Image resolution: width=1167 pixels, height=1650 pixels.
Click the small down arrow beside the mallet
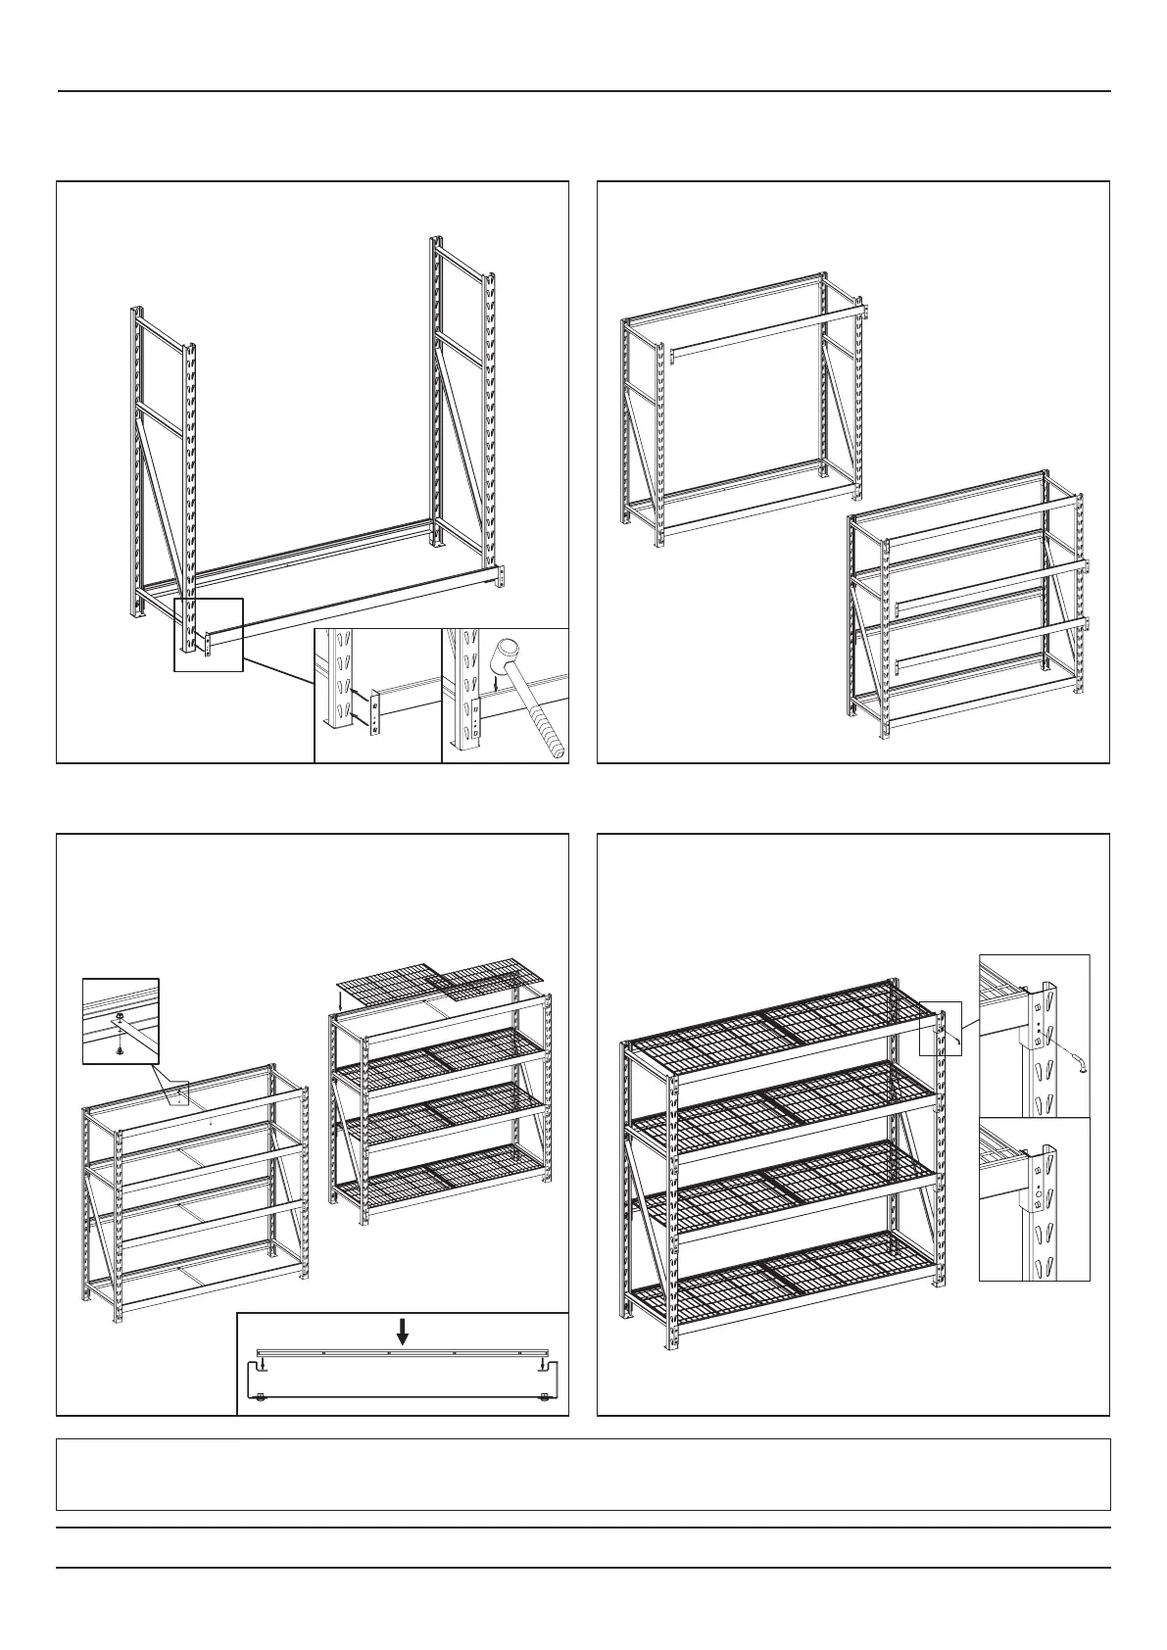(497, 684)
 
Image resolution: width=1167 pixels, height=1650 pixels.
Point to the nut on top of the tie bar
(118, 1018)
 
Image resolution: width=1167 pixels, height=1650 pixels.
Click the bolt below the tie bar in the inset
(119, 1049)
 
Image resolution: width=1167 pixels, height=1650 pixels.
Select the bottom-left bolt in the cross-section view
(261, 1398)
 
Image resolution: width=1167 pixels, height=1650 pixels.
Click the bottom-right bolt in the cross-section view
(544, 1397)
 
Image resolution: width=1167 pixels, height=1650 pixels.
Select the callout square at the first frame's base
(208, 634)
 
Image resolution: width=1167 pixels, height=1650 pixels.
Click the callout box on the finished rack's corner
(941, 1028)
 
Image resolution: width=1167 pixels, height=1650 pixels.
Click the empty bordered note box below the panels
(583, 1474)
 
